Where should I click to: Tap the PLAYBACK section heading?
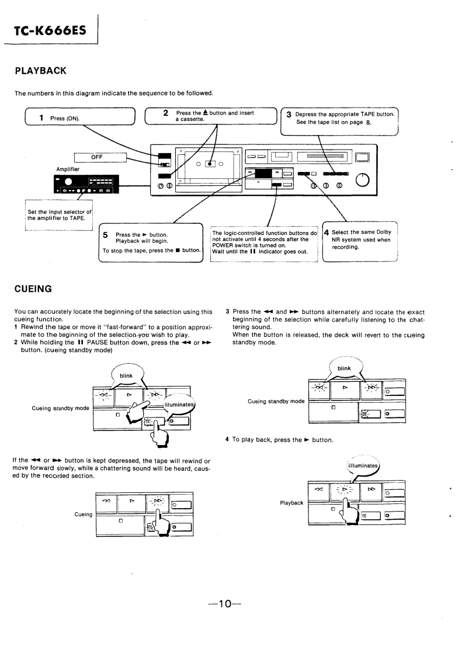click(x=40, y=71)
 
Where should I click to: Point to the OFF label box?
click(x=100, y=157)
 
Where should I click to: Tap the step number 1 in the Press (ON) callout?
click(x=42, y=118)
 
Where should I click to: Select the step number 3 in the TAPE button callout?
click(x=289, y=115)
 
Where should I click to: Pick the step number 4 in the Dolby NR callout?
click(x=327, y=232)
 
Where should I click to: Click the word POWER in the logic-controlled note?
click(x=224, y=246)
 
